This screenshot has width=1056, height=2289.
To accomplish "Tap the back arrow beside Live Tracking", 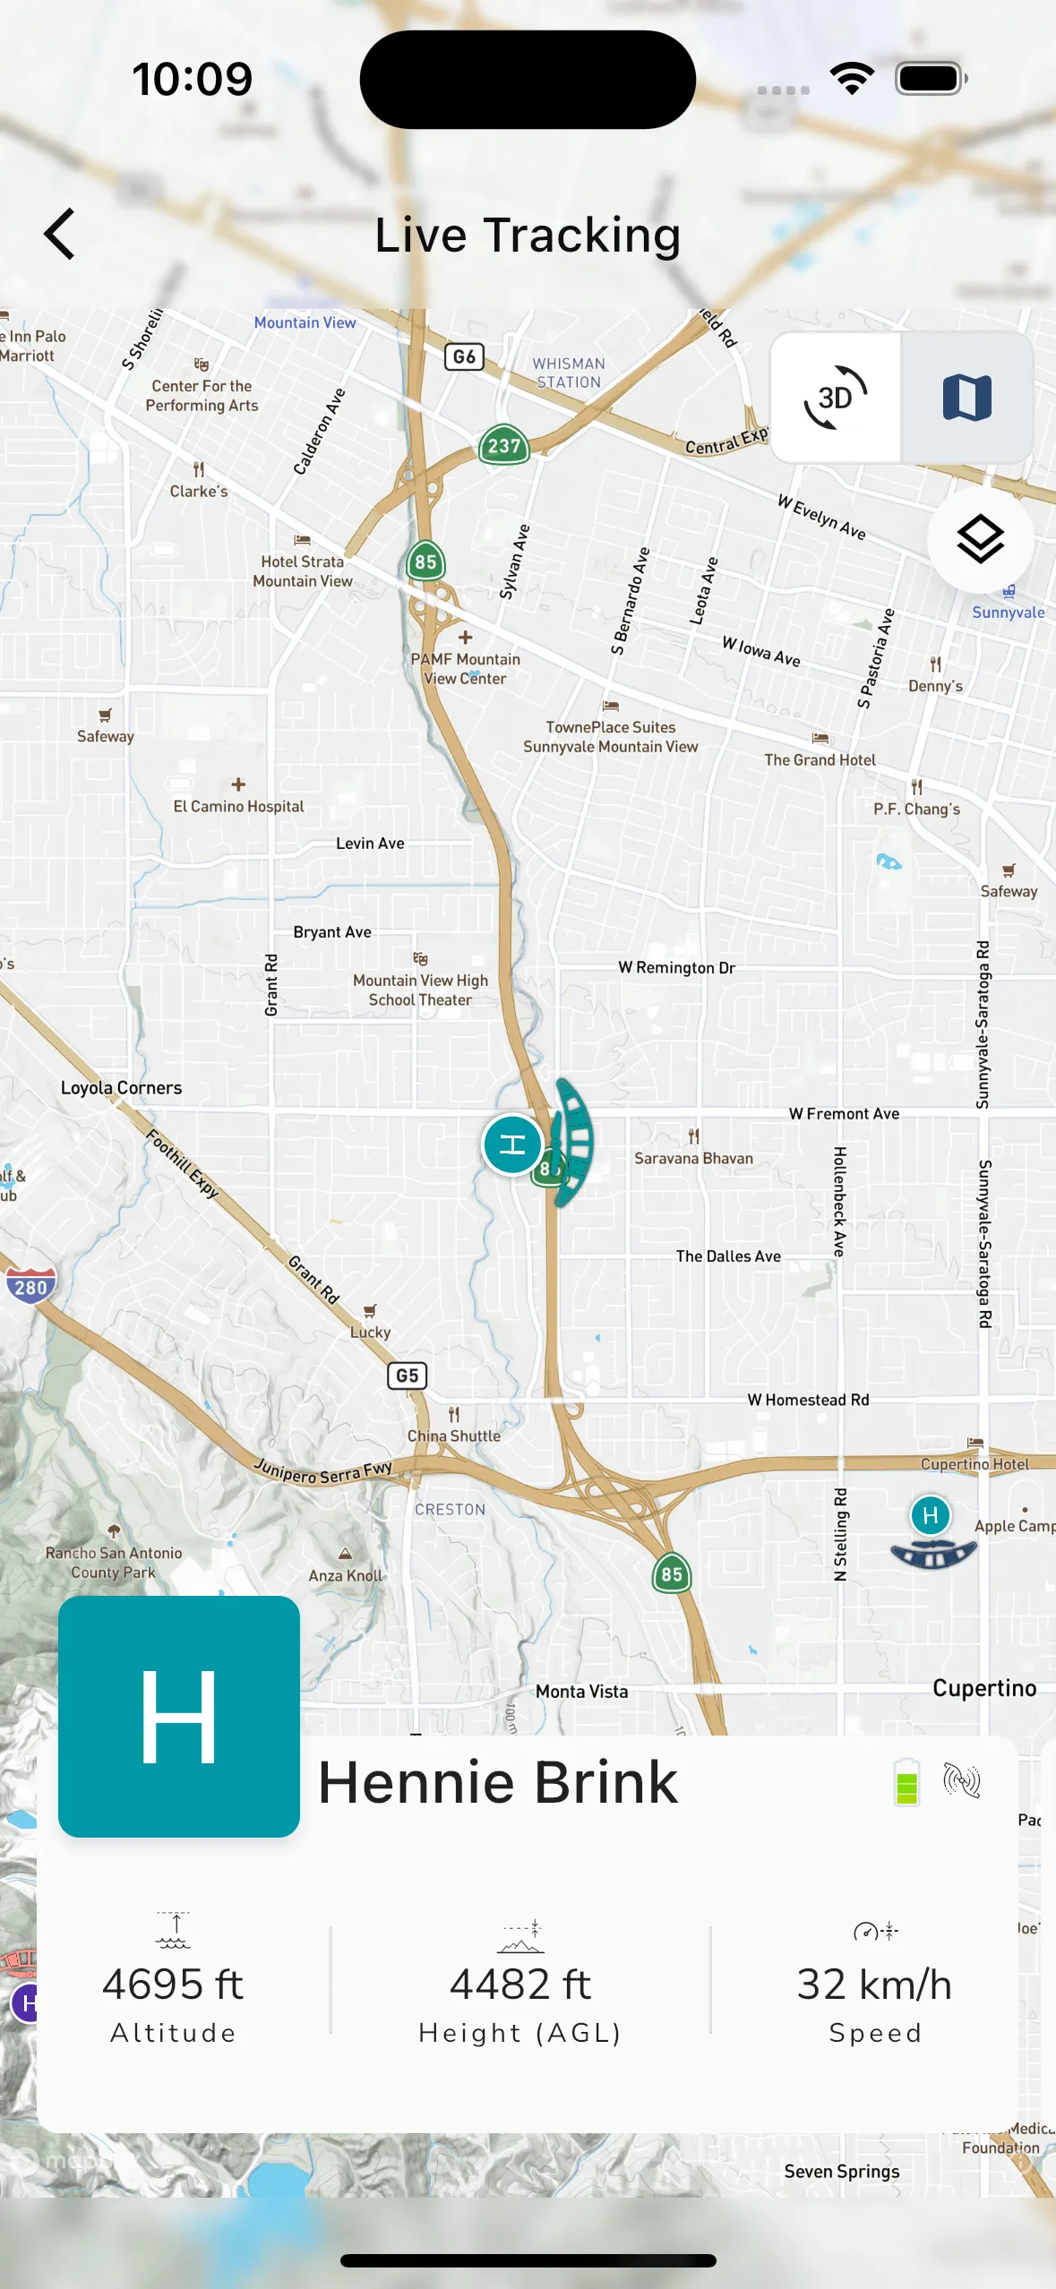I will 59,235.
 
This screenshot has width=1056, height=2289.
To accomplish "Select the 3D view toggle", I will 836,398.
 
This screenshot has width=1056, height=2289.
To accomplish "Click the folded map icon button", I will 966,398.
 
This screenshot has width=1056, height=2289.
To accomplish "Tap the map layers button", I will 980,539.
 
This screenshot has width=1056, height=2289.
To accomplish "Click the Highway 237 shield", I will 503,445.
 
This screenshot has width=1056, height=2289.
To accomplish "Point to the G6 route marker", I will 464,356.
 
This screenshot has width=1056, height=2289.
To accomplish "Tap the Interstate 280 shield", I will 30,1287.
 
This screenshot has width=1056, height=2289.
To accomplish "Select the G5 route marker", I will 407,1375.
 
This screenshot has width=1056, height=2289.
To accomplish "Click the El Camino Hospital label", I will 238,806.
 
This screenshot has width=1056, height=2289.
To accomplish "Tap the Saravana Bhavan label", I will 693,1158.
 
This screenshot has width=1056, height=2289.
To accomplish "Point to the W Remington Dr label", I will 676,967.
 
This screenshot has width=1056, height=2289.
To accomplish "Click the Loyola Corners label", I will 121,1087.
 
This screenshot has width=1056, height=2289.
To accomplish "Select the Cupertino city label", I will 983,1688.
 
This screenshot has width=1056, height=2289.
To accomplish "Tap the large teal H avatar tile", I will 179,1716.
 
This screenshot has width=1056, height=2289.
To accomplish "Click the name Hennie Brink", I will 498,1782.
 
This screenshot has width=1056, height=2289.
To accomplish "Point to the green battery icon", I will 906,1781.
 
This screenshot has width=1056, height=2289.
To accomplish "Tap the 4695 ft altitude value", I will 173,1984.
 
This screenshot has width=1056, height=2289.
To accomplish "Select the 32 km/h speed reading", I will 874,1984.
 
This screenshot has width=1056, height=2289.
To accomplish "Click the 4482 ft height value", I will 520,1984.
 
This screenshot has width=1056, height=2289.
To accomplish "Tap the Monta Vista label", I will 581,1691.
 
